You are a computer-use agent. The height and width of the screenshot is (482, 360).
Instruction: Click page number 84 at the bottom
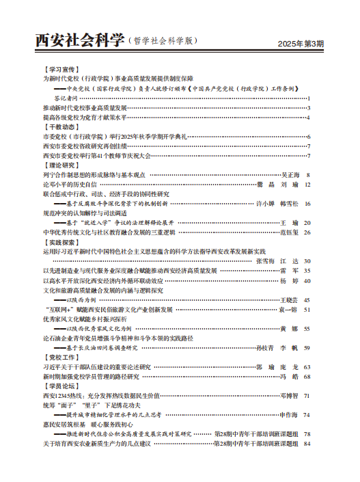pyautogui.click(x=307, y=443)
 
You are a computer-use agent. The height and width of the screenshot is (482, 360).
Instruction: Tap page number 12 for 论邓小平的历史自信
pyautogui.click(x=307, y=185)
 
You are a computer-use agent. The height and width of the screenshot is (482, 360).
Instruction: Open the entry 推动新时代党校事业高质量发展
pyautogui.click(x=85, y=107)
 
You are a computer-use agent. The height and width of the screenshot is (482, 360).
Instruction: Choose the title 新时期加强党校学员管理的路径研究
pyautogui.click(x=91, y=376)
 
